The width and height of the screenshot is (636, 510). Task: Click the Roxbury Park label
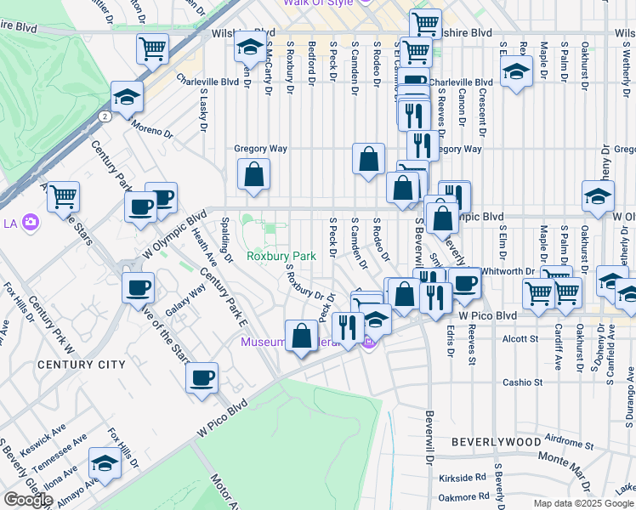pos(281,256)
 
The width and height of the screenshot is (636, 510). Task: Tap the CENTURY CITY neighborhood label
pos(82,365)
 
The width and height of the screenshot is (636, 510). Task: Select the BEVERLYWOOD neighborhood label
pos(496,442)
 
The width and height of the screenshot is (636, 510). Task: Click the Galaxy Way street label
pos(185,300)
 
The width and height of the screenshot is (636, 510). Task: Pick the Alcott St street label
pos(522,338)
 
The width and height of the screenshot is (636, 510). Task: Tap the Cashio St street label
pos(522,382)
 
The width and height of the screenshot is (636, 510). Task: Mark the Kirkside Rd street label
pos(463,478)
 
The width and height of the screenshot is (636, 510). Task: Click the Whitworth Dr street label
pos(507,271)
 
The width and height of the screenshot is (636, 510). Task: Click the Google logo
pos(28,500)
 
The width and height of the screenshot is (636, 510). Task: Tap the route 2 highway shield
pos(103,115)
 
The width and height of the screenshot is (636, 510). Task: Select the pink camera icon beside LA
pos(31,224)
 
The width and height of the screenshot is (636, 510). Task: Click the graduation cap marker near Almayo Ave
pos(104,463)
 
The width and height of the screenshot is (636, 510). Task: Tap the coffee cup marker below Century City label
pos(202,377)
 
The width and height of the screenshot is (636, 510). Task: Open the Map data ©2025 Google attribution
pos(583,503)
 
